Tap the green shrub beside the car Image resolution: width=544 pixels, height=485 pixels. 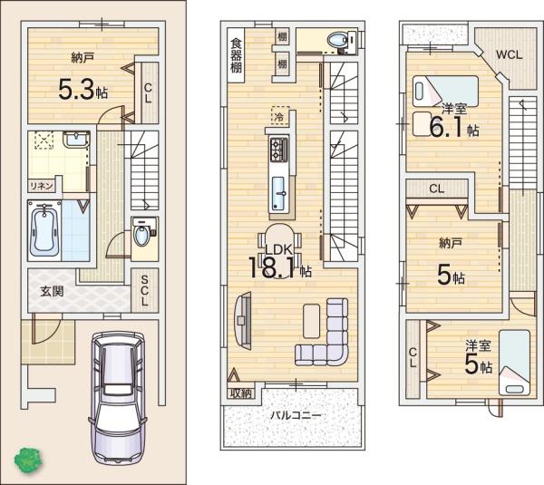point(28,460)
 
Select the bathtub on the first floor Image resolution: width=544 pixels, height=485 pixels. point(44,230)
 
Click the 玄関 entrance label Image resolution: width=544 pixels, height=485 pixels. point(52,291)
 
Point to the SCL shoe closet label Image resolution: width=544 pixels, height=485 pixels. point(144,291)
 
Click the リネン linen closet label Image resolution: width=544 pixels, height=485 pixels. point(42,187)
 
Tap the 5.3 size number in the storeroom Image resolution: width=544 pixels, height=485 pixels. point(76,90)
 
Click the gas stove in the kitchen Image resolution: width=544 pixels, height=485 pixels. point(279,150)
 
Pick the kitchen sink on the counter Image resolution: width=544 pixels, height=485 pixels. point(278,194)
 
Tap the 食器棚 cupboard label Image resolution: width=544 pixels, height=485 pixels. point(237,55)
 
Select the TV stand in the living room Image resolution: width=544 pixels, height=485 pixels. point(243,321)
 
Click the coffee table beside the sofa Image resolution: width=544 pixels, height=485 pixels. point(312,321)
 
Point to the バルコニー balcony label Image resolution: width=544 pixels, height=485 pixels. point(296,415)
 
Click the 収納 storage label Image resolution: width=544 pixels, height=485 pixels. point(241,393)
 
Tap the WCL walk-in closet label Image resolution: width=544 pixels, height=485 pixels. point(509,54)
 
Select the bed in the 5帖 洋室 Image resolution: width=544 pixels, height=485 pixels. point(514,363)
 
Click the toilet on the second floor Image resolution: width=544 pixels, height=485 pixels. point(343,43)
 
